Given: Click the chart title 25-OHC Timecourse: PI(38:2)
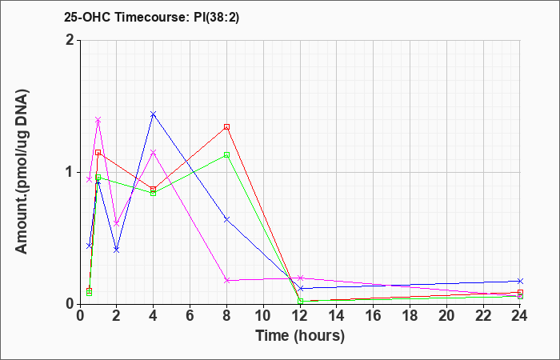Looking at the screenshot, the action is (x=151, y=17).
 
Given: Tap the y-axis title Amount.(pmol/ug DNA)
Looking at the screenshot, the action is (x=22, y=172).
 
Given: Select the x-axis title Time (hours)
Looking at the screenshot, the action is (x=300, y=336).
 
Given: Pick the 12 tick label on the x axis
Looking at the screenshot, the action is (x=300, y=316).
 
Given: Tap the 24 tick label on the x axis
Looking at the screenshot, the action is (x=520, y=316).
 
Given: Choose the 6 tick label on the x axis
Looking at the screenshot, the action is (x=190, y=316).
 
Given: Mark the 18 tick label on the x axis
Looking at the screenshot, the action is (x=410, y=316).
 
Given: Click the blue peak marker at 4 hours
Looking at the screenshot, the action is (x=154, y=114).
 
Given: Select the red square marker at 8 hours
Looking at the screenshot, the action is (x=226, y=126).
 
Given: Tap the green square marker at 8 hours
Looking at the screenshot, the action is (x=226, y=154).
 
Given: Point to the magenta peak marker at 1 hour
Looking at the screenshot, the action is (x=98, y=120).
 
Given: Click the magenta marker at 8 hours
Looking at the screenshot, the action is (x=226, y=280).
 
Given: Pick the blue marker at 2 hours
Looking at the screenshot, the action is (x=117, y=250).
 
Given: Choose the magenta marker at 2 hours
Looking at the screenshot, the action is (x=117, y=223).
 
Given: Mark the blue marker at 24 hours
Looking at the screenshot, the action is (x=520, y=281).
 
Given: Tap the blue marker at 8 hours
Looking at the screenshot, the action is (x=226, y=219).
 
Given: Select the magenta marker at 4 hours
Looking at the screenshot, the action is (x=154, y=153).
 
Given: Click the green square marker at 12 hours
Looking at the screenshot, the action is (x=300, y=302).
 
